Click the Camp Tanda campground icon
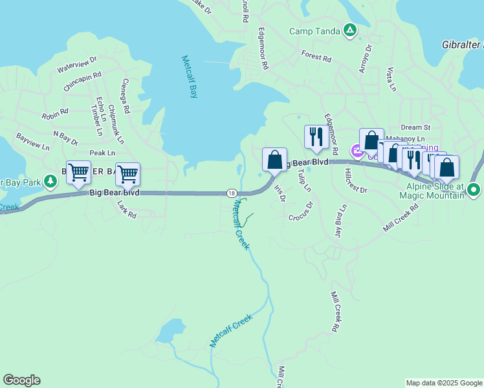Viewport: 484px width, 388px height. point(349,30)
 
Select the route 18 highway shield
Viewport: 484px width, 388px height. point(231,193)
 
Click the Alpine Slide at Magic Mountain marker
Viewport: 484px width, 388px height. point(474,190)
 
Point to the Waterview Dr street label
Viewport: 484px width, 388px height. point(77,63)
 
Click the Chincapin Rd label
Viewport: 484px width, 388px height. point(82,81)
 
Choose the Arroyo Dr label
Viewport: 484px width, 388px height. point(366,59)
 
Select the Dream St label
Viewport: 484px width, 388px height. point(415,128)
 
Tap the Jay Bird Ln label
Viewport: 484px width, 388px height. point(340,222)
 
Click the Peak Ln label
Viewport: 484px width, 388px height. point(102,153)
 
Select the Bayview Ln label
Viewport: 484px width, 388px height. point(32,142)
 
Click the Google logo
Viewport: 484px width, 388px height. point(21,380)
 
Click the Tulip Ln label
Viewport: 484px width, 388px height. point(304,180)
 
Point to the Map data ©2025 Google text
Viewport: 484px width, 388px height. point(444,383)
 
